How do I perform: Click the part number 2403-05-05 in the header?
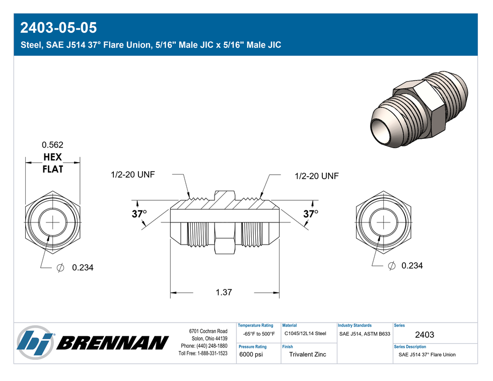(x=58, y=28)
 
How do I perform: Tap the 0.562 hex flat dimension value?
(x=52, y=145)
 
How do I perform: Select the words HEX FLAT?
(x=52, y=163)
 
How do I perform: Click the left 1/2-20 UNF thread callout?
(x=132, y=175)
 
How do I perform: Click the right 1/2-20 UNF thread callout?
(x=317, y=176)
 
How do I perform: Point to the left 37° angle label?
(x=139, y=214)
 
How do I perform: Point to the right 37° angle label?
(x=311, y=214)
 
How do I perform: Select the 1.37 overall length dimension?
(x=224, y=292)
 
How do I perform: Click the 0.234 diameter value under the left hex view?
(x=83, y=268)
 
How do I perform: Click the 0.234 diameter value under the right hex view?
(x=412, y=266)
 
